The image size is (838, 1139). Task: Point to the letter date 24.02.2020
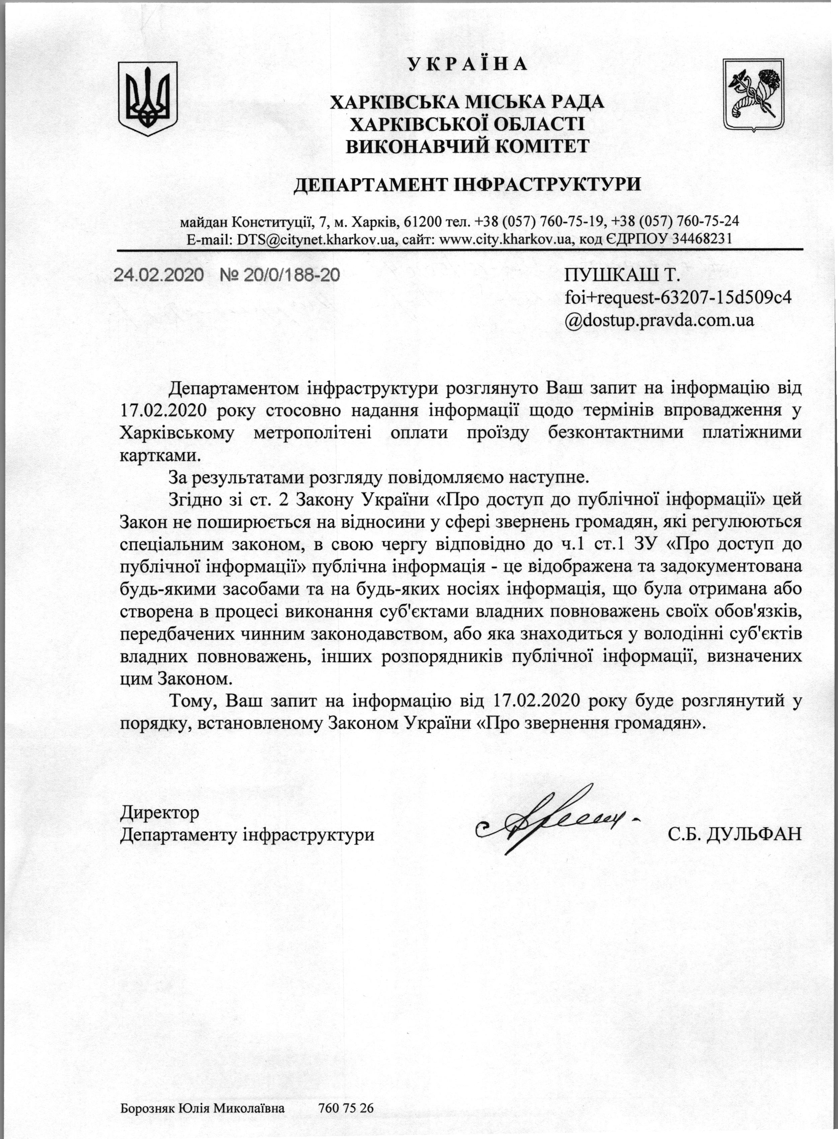point(158,275)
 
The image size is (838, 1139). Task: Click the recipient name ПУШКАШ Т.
point(621,275)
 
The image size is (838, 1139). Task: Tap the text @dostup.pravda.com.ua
point(659,320)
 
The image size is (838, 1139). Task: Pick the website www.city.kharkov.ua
point(505,239)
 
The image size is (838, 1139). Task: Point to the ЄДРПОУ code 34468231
point(701,239)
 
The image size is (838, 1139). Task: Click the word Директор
point(160,813)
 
